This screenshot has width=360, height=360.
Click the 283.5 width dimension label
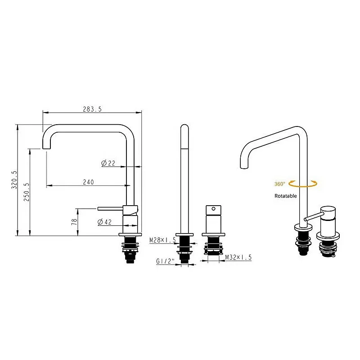(x=92, y=109)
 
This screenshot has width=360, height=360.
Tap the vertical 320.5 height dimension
(x=14, y=180)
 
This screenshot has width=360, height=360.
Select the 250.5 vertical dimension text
(x=27, y=192)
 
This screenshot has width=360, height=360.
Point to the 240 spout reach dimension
(x=88, y=182)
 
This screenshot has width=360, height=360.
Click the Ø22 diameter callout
(x=108, y=163)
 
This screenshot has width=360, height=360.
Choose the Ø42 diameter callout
(x=104, y=222)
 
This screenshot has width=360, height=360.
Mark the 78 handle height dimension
(x=74, y=221)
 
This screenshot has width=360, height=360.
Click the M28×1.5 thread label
(x=162, y=240)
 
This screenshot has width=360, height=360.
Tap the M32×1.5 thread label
(x=238, y=257)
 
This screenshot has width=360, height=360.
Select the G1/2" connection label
(x=165, y=261)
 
